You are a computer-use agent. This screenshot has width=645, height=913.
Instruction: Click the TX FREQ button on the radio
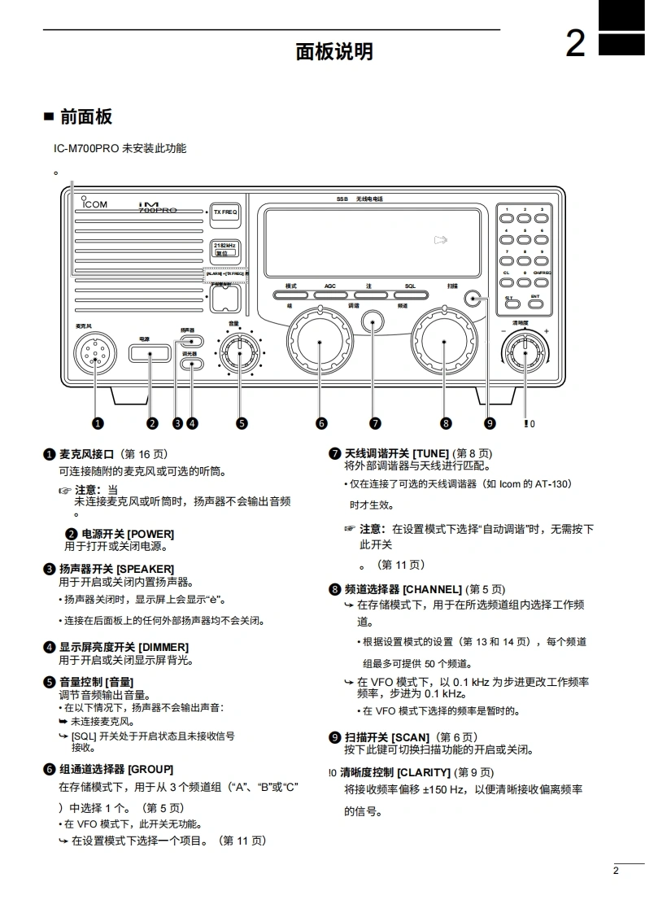click(x=224, y=212)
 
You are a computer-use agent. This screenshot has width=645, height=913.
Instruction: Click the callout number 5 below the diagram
click(x=242, y=422)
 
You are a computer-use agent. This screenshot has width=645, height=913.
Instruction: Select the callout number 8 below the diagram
click(x=446, y=422)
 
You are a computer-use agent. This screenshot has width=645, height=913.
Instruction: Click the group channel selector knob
click(x=319, y=343)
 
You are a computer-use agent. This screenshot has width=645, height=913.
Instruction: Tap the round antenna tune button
click(x=373, y=322)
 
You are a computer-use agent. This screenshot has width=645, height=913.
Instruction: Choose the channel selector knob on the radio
click(x=444, y=342)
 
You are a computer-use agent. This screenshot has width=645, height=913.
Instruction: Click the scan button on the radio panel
click(x=475, y=299)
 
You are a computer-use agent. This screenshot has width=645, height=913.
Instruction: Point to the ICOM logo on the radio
click(x=94, y=204)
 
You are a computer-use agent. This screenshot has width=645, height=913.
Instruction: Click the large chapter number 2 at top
click(x=575, y=44)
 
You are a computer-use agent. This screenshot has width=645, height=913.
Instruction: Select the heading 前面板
click(x=86, y=116)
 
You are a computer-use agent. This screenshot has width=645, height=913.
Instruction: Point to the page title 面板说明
click(x=334, y=52)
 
